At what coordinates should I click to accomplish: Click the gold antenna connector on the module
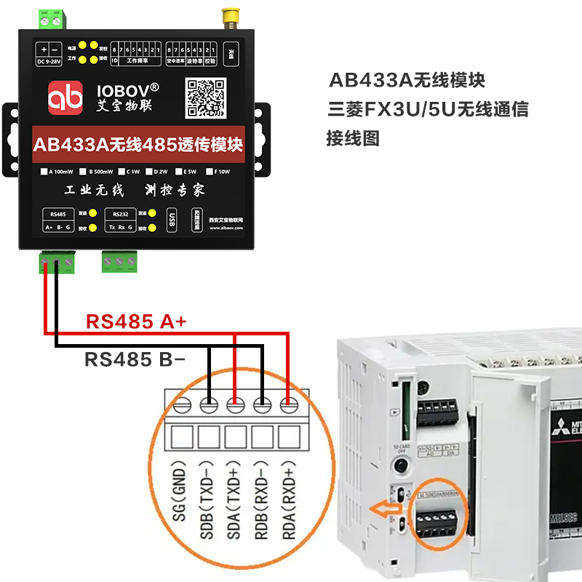pos(231,17)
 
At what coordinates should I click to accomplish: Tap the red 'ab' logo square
pos(66,99)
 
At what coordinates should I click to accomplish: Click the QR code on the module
pos(207,97)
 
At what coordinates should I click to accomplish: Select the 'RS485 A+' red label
pos(137,322)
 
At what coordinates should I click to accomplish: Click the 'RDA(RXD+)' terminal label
pos(290,499)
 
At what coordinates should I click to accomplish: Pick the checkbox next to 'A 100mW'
pos(44,172)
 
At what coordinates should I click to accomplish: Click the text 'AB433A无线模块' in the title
pos(407,79)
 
